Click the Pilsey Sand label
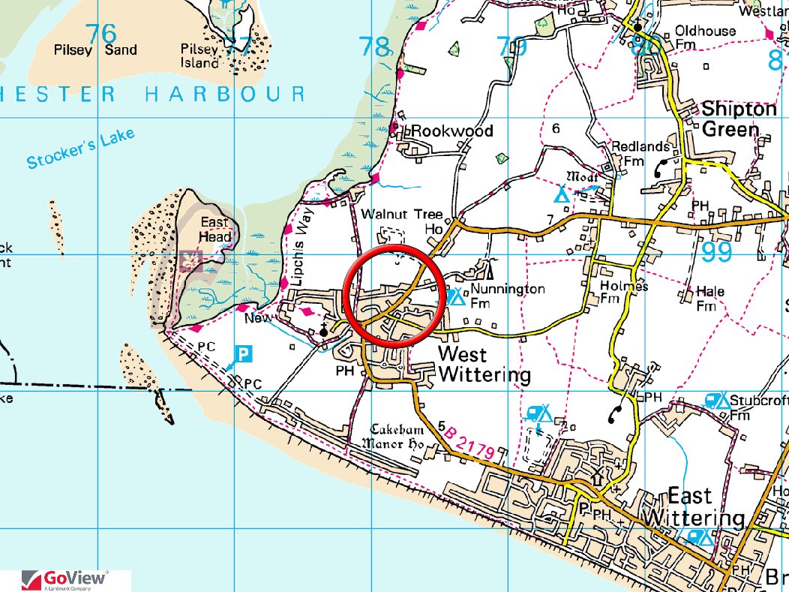(95, 50)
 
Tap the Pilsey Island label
(199, 56)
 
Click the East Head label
(214, 230)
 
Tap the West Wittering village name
(484, 365)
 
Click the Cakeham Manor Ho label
(397, 437)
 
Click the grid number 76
(101, 34)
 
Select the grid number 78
(375, 47)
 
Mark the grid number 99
(717, 253)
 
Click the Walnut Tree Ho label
(402, 221)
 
